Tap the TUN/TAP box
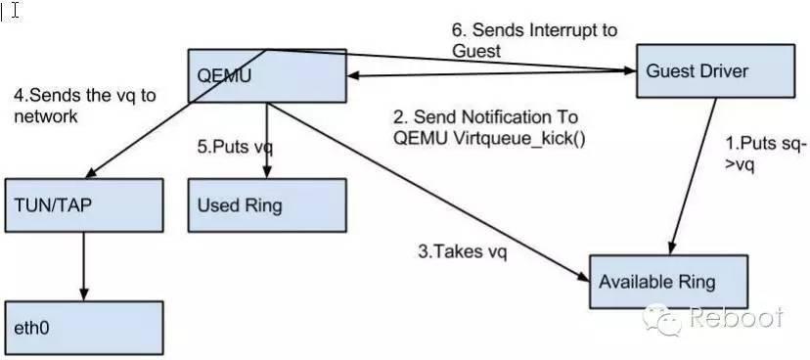click(x=82, y=204)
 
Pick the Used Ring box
click(x=267, y=204)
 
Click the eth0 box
click(x=82, y=327)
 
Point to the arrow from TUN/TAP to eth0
click(x=82, y=266)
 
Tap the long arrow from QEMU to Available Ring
click(x=430, y=186)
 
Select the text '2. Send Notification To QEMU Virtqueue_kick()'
click(x=489, y=127)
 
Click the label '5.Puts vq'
click(x=235, y=148)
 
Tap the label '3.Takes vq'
click(x=462, y=251)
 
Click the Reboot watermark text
click(x=736, y=319)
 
